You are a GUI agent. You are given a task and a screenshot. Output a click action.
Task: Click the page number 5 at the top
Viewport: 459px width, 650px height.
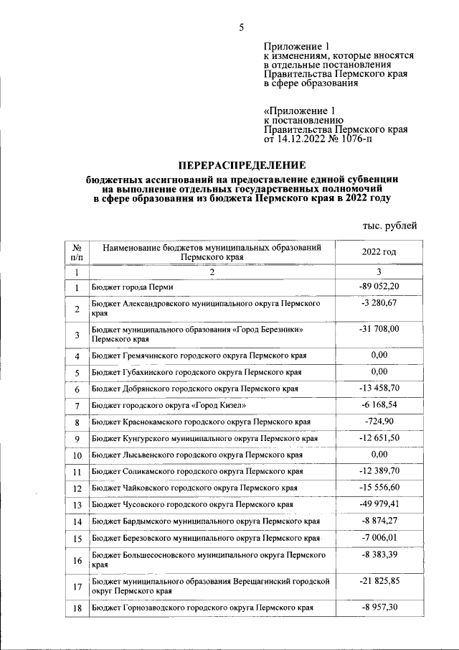(242, 27)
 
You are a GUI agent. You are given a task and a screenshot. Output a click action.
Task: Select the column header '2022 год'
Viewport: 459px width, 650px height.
(379, 251)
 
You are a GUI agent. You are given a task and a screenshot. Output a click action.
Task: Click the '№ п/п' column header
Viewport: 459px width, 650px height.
(77, 251)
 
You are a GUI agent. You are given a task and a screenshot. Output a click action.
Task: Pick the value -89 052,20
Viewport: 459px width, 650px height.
(379, 287)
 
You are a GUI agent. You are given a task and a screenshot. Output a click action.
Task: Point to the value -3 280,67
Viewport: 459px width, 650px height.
(379, 304)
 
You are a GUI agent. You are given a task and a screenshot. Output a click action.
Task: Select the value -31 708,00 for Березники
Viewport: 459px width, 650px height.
(379, 328)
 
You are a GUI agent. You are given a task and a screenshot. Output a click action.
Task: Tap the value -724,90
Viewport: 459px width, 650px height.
(379, 421)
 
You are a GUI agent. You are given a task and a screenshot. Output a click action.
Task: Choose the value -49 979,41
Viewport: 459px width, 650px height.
(379, 504)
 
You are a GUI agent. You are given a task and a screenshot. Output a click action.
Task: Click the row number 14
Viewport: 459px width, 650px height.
(77, 522)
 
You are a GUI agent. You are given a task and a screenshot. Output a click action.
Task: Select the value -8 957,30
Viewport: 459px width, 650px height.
(379, 607)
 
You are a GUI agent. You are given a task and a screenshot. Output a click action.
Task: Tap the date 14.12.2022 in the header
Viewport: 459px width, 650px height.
(304, 139)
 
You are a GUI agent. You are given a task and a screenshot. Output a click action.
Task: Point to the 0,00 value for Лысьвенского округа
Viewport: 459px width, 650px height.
(379, 455)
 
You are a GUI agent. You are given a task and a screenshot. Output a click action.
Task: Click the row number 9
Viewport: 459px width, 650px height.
(77, 438)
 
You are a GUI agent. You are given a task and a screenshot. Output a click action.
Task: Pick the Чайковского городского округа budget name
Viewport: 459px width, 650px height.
(194, 488)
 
